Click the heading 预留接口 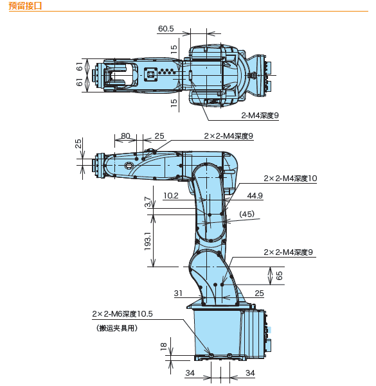(x=25, y=6)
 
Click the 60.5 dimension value (x=166, y=29)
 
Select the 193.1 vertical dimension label (x=148, y=241)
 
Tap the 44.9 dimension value (x=255, y=196)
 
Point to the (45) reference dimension (x=247, y=214)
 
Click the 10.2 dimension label (x=171, y=196)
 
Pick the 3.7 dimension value (x=148, y=202)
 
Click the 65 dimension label (x=279, y=276)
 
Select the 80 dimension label (x=125, y=136)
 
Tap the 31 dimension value (x=178, y=293)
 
